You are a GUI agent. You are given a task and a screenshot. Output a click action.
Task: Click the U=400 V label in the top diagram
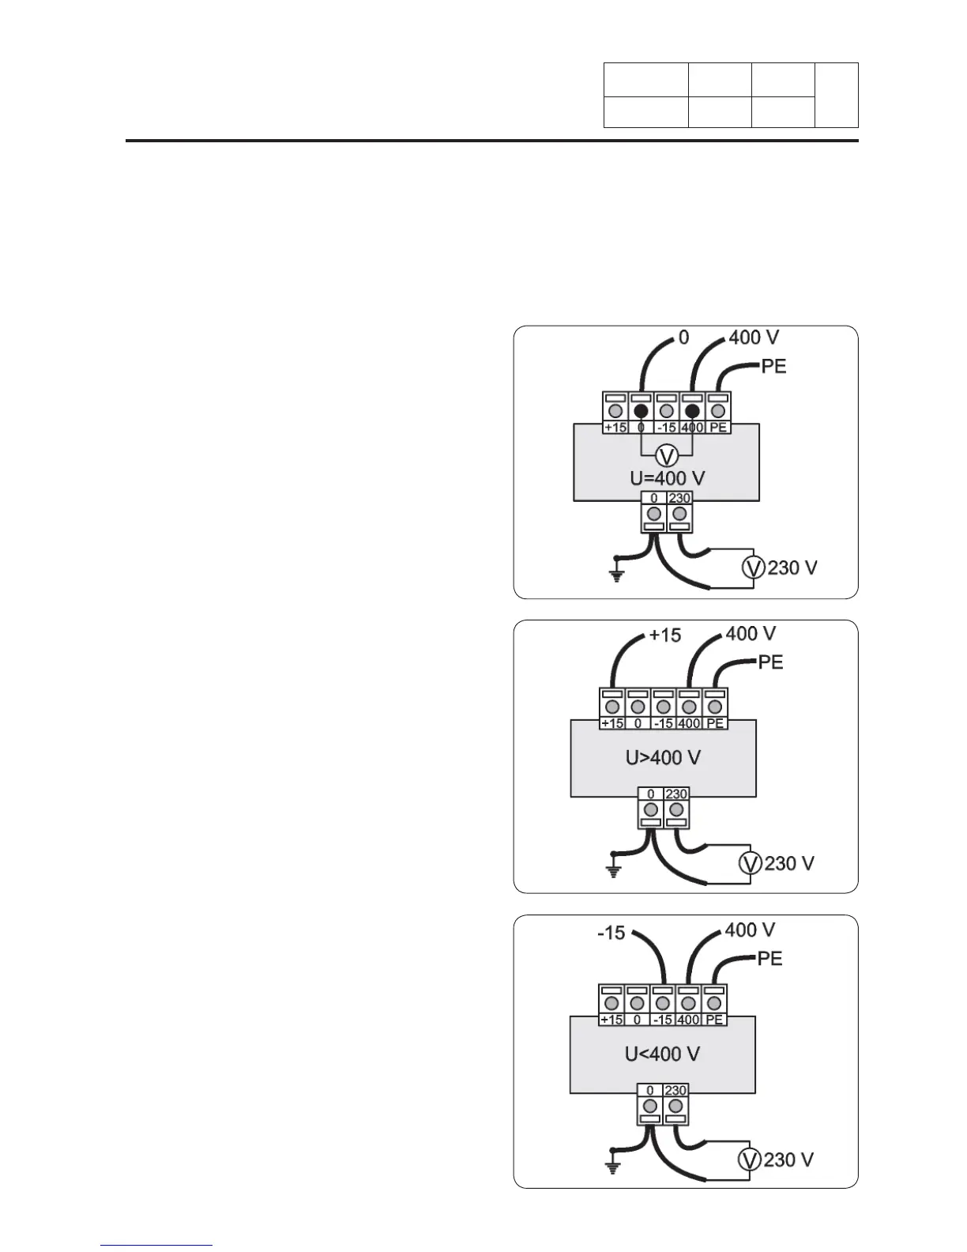coord(667,478)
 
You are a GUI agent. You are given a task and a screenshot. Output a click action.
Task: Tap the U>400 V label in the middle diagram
coord(664,758)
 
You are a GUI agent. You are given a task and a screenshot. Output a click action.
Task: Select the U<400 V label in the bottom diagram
coord(662,1054)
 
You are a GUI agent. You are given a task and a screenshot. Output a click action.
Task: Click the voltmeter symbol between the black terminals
coord(667,455)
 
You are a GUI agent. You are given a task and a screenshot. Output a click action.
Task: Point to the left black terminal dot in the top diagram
coord(641,411)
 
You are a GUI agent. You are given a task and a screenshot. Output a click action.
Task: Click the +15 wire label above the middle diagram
coord(664,635)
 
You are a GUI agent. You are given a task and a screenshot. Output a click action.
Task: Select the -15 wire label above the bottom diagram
coord(611,933)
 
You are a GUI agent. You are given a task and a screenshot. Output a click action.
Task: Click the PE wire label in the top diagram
coord(773,367)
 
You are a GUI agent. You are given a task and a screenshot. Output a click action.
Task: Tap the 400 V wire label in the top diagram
coord(754,338)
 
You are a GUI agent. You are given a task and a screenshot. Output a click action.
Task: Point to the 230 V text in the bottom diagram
coord(788,1160)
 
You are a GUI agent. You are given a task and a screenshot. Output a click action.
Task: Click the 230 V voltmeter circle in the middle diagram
coord(750,863)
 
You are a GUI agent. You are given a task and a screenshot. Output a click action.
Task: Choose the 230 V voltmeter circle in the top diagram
coord(754,568)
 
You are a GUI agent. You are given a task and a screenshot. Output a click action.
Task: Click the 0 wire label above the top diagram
coord(683,338)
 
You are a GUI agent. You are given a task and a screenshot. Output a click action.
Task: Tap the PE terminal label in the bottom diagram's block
coord(714,1020)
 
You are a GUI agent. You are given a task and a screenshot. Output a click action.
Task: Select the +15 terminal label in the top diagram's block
coord(615,428)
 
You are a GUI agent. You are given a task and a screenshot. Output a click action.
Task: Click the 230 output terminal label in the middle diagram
coord(676,794)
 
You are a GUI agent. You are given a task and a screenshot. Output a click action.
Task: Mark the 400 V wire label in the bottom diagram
coord(750,930)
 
